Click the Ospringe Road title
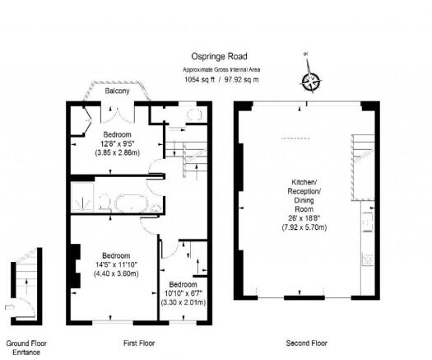[x=220, y=57]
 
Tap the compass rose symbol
[x=311, y=82]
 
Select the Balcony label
[x=117, y=91]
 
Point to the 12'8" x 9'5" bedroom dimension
[x=117, y=143]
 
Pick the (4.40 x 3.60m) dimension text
[x=116, y=274]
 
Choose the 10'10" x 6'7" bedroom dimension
[x=183, y=293]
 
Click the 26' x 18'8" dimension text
[x=304, y=218]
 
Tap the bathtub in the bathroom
[x=131, y=203]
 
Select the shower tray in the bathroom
[x=82, y=197]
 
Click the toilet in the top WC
[x=194, y=115]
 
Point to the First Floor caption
[x=139, y=344]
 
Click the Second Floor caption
[x=306, y=344]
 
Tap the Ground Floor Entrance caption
[x=26, y=348]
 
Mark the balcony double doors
[x=118, y=115]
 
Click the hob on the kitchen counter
[x=368, y=259]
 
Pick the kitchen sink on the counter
[x=369, y=222]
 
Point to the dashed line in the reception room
[x=295, y=138]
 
